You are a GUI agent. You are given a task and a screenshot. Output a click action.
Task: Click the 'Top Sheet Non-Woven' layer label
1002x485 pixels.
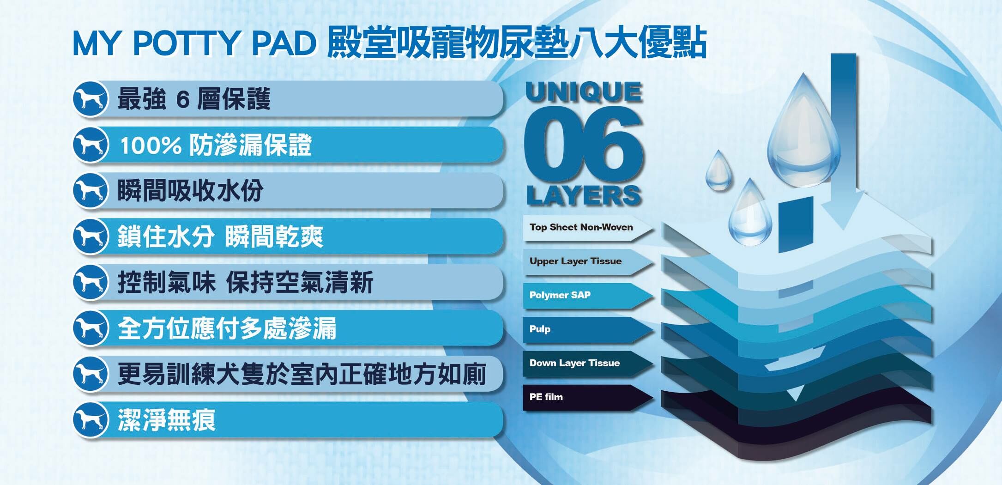[581, 227]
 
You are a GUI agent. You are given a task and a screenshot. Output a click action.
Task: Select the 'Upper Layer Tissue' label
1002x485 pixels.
[575, 261]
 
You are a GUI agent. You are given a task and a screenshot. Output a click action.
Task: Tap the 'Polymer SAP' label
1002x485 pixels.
[560, 295]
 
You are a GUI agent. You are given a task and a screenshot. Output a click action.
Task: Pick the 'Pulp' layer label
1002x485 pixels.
[540, 329]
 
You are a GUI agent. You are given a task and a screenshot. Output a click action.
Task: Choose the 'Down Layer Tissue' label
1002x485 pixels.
[574, 363]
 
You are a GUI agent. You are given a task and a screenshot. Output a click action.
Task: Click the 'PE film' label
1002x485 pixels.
[546, 397]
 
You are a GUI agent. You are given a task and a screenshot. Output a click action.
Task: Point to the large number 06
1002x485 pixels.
[584, 144]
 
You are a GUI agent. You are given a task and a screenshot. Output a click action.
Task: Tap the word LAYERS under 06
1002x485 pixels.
[584, 195]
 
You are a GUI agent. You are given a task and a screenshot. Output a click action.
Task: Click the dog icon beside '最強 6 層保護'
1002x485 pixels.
[91, 99]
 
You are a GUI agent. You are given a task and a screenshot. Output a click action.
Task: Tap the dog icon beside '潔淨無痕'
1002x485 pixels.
[91, 420]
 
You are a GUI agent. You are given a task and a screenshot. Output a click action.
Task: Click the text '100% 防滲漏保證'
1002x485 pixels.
[216, 145]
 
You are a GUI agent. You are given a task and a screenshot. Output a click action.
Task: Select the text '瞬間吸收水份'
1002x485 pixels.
[190, 190]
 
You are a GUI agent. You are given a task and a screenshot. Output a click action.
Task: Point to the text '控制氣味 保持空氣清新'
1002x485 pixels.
[245, 282]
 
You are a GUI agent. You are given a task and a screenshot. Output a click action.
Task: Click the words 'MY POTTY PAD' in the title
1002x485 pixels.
[194, 43]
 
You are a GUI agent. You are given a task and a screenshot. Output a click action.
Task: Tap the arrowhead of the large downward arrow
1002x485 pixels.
[843, 210]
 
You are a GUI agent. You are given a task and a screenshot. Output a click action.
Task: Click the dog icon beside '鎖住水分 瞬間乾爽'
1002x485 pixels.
[91, 236]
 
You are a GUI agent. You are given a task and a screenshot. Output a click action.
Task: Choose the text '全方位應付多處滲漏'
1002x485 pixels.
[227, 328]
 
